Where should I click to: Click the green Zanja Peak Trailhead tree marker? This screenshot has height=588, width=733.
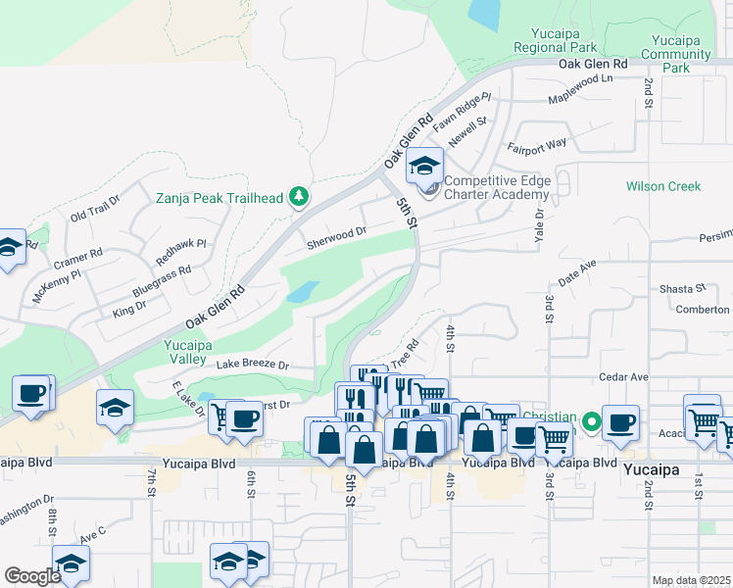pos(299,198)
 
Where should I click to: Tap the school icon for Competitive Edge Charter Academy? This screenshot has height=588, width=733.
pos(424,167)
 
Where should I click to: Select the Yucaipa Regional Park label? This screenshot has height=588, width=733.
pos(556,39)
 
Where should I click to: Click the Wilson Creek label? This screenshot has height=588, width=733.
pos(663,186)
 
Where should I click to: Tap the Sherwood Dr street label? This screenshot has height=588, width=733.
pos(336,235)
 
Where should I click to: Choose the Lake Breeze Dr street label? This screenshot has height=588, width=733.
pos(253,365)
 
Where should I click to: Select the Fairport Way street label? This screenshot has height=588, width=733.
pos(536,145)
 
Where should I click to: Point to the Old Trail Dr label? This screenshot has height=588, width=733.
pos(94,209)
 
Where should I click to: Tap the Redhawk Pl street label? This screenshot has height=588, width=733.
pos(181,252)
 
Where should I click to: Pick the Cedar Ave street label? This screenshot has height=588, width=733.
pos(624,376)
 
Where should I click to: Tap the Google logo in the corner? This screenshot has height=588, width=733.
pos(32,576)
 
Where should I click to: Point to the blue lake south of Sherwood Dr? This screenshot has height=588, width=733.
pos(303,292)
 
